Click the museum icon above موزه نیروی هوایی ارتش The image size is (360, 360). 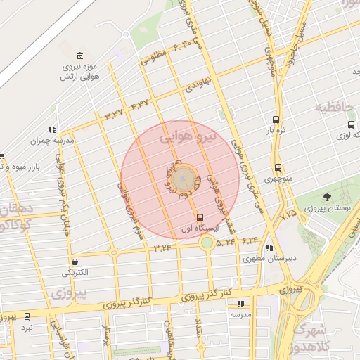pos(79,56)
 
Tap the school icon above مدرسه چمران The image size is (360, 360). pos(51,129)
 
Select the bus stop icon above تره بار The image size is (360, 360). pos(275,120)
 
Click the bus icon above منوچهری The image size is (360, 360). pos(278,167)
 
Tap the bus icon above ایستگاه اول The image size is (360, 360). pos(201,217)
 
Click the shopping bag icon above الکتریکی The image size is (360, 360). pos(74,262)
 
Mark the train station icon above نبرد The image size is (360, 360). pos(27,316)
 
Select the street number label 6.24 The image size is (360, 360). pos(250,240)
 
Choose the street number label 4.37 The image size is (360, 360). pos(140,105)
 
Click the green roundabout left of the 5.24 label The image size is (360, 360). pos(207,243)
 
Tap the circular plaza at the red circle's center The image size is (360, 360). pos(183,178)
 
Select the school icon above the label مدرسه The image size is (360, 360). pos(241,304)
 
